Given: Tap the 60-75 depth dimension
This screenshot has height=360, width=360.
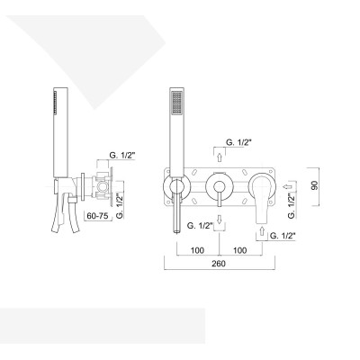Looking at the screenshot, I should (97, 216).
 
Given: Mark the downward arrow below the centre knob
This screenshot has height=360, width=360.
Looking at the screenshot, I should (218, 220).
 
